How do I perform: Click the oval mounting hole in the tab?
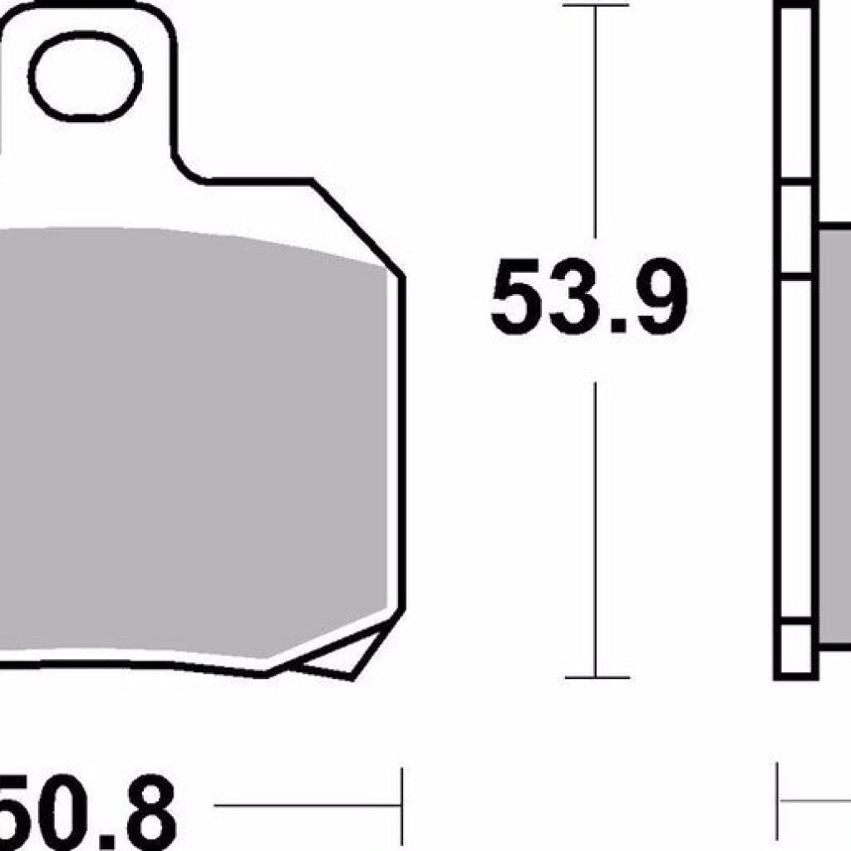pos(86,76)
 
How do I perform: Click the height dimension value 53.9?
pos(589,298)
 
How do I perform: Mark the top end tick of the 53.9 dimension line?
pos(595,6)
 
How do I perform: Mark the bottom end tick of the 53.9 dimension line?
pos(595,678)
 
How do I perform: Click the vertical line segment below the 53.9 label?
pos(595,532)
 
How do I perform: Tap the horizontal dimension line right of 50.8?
pos(307,806)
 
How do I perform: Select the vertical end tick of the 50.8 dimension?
pos(402,804)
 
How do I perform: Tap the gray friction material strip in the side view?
pos(835,432)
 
